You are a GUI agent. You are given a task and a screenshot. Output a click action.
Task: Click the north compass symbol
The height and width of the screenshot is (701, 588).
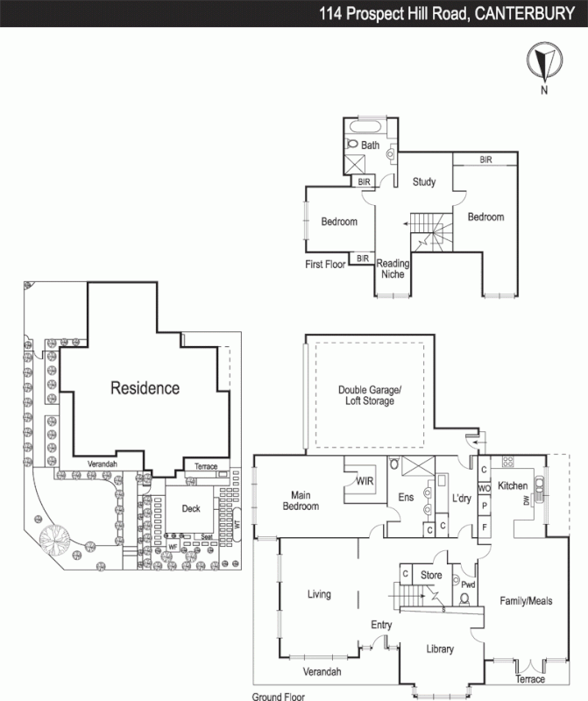544,64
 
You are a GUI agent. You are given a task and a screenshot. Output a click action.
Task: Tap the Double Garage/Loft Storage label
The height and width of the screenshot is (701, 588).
369,395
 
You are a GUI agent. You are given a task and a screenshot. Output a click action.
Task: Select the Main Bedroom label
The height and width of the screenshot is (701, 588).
299,501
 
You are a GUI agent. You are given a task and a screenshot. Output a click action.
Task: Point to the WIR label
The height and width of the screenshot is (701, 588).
365,480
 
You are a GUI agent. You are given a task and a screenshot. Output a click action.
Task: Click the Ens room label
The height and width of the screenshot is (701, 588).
407,498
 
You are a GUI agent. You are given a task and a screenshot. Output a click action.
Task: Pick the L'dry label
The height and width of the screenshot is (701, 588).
462,498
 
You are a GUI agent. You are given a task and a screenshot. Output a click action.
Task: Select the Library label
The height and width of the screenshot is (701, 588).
439,649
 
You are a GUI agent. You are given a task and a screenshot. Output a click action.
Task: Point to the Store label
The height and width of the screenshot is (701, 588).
430,575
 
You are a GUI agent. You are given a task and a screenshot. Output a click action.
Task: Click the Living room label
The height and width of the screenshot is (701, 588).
319,595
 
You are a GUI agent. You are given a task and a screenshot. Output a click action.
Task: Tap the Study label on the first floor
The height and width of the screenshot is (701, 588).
425,182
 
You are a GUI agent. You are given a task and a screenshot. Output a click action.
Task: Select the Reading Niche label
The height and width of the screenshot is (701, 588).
393,268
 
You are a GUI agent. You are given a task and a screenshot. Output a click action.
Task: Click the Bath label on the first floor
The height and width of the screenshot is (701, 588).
371,145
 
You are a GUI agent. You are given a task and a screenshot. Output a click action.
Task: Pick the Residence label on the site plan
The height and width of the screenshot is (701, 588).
145,388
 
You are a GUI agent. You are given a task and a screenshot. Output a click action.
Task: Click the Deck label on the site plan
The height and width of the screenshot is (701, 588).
191,508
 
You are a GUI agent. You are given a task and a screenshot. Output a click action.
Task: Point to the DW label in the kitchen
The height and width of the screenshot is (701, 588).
526,500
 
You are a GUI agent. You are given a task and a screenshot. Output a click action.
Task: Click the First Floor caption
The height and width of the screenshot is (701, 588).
326,263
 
